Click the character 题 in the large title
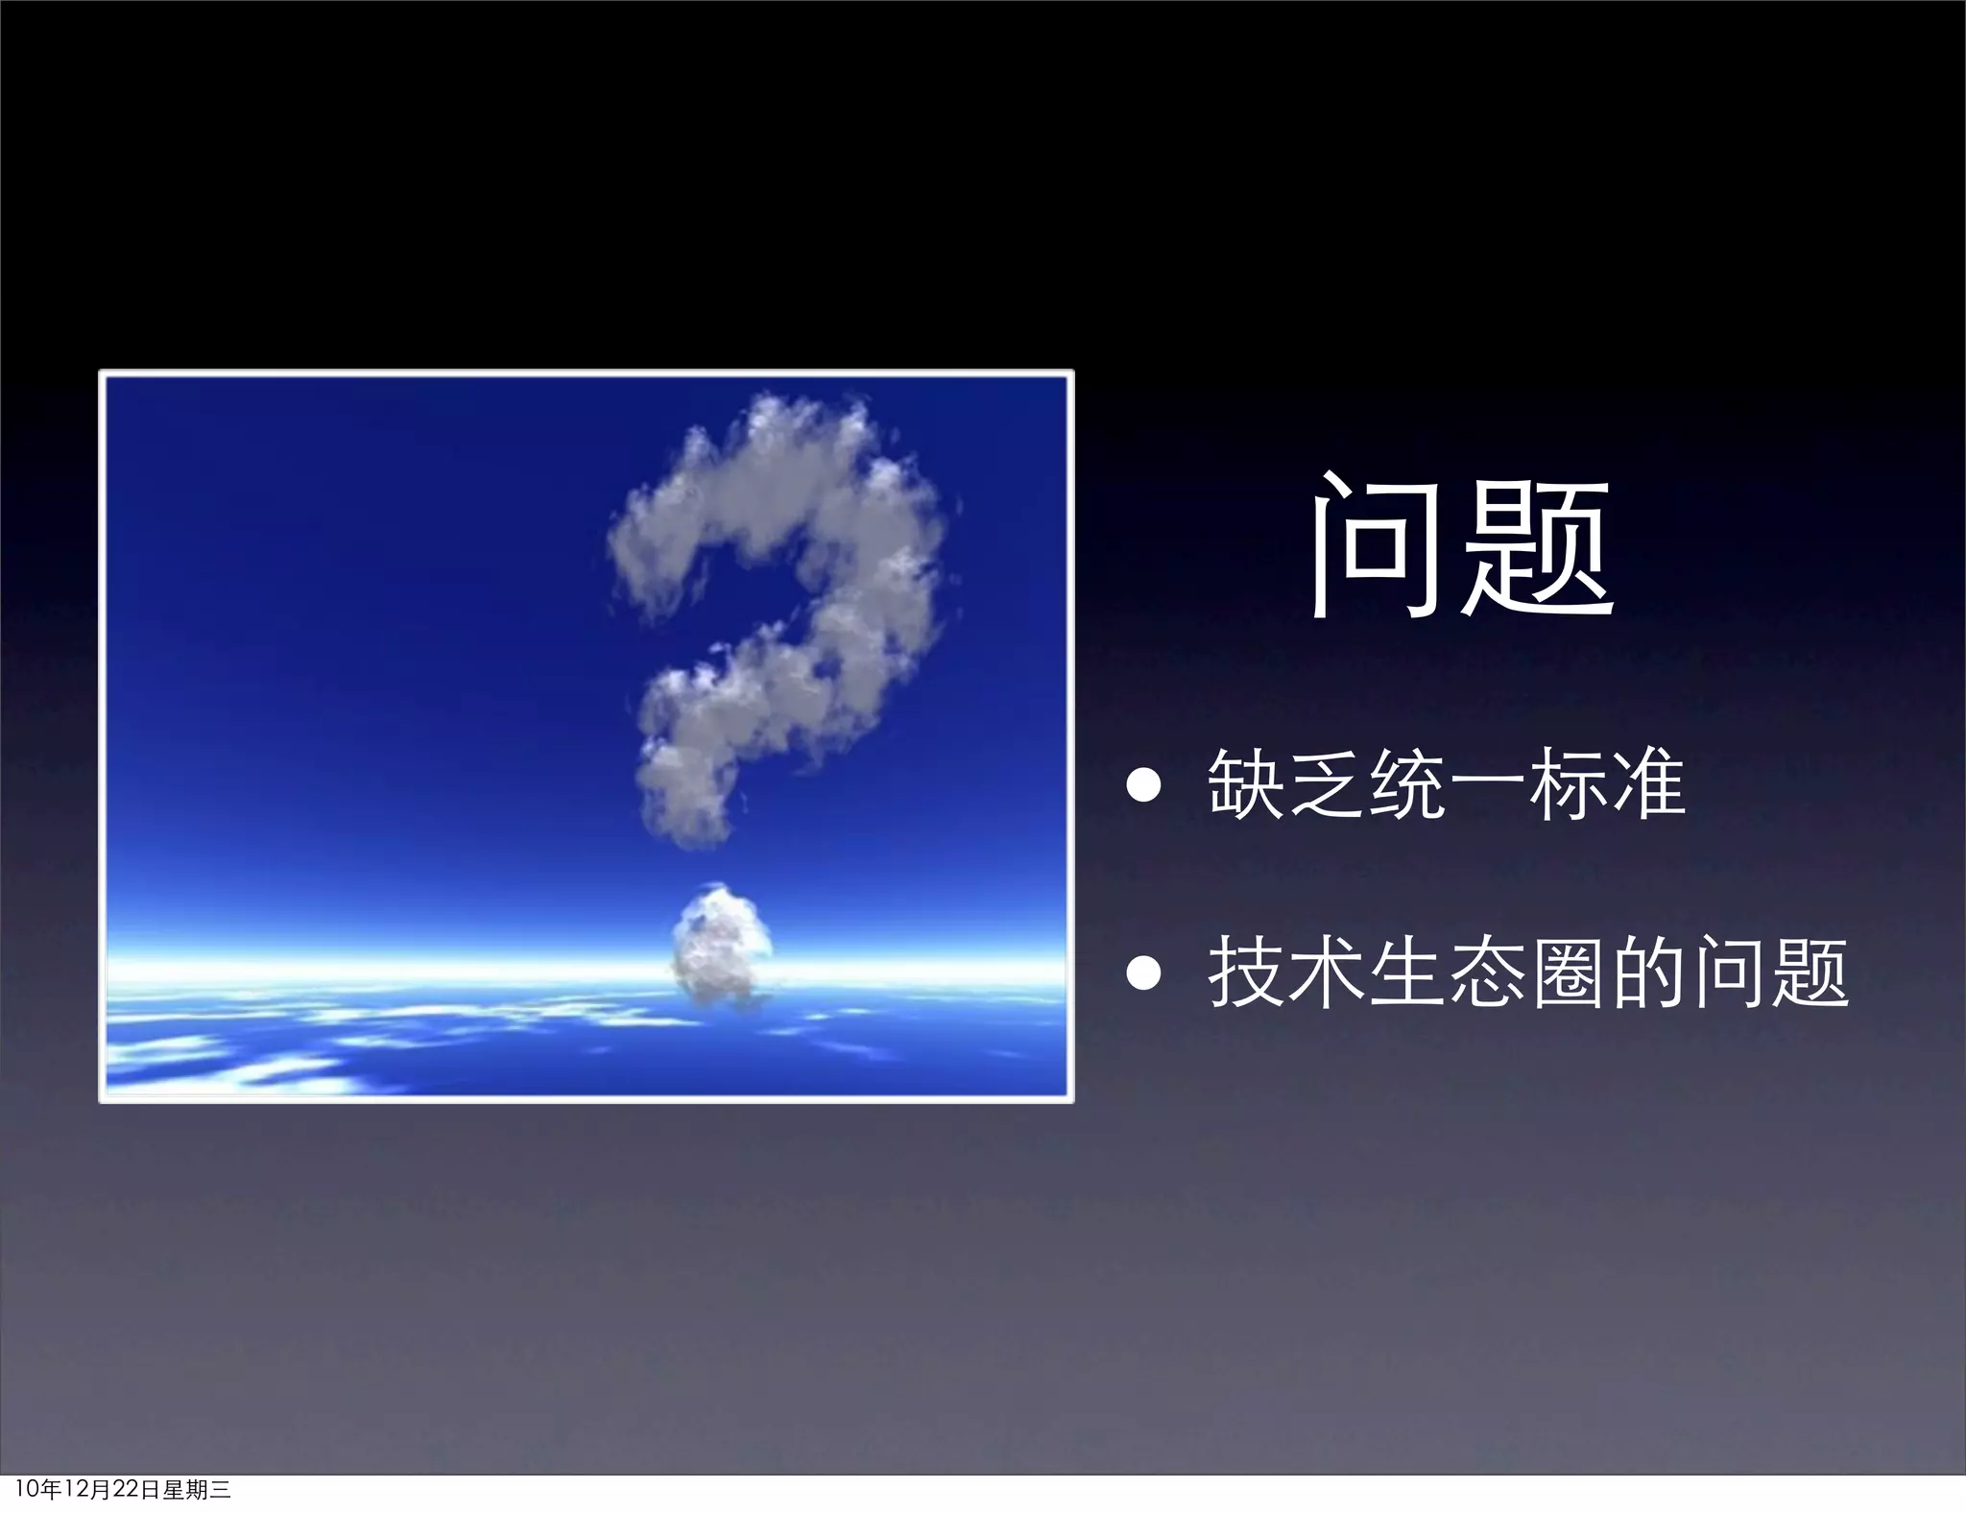point(1536,547)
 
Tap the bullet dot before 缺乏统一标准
point(1143,785)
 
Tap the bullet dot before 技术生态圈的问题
point(1143,973)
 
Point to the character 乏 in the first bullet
point(1328,785)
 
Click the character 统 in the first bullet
point(1407,785)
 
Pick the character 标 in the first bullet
point(1569,785)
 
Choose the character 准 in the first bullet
point(1648,785)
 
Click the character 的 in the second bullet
point(1648,973)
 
